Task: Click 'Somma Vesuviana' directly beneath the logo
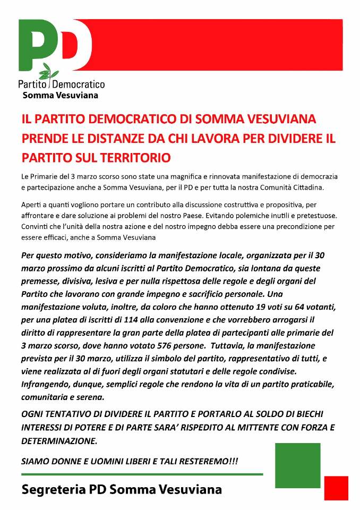60,96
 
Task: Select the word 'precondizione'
303,226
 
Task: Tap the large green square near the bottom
298,465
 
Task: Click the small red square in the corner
336,488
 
